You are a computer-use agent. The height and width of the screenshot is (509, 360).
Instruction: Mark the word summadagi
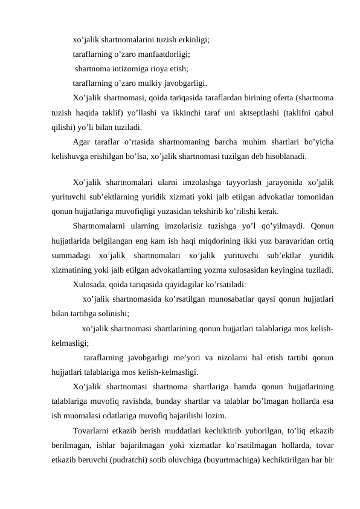point(71,255)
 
